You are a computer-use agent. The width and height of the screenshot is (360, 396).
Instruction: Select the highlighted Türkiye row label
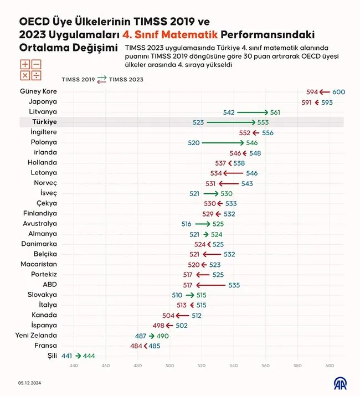click(x=44, y=122)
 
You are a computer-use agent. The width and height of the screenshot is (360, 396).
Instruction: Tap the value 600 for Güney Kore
click(x=339, y=92)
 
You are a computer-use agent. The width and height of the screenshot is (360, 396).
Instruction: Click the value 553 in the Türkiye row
click(x=263, y=122)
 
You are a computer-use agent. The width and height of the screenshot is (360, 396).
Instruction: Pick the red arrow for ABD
click(x=210, y=285)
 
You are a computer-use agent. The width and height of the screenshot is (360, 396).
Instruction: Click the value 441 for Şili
click(x=67, y=356)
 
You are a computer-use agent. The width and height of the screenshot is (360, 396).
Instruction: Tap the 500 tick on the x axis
click(x=169, y=366)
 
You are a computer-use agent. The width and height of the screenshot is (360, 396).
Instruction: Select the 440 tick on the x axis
click(x=74, y=366)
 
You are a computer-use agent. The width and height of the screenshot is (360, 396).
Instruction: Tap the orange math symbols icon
click(x=30, y=69)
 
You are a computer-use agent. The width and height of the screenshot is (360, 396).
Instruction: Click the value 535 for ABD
click(x=234, y=285)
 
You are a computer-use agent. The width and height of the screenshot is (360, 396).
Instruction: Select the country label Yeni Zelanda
click(x=36, y=336)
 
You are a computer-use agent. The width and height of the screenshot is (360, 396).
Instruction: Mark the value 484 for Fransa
click(x=136, y=346)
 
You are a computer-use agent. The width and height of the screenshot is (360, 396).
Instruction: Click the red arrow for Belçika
click(x=212, y=254)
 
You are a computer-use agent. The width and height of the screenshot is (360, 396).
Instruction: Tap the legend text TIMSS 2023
click(x=126, y=79)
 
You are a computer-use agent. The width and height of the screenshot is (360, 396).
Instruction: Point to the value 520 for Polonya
click(x=194, y=142)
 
